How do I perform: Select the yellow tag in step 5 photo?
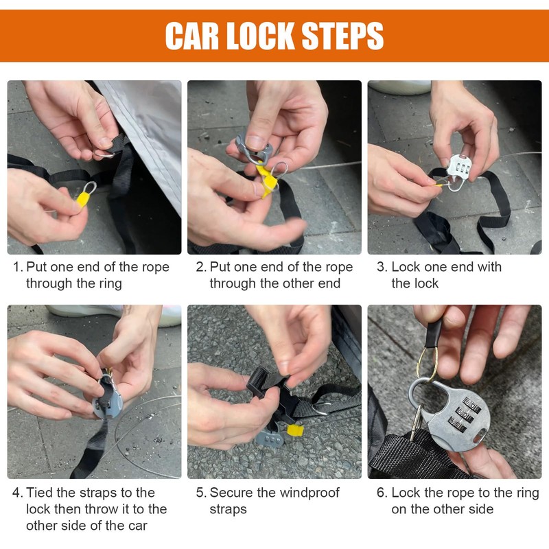pos(295,430)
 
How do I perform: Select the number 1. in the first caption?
pos(19,267)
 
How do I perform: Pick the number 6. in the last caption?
pos(382,493)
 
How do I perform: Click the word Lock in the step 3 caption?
pos(406,267)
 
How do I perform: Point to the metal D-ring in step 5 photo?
pos(321,408)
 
